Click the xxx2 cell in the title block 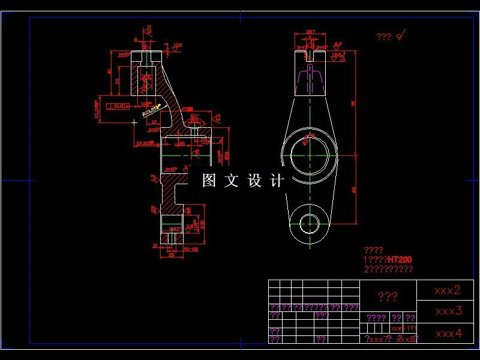pos(448,290)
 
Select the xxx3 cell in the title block pos(448,311)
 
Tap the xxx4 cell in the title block pos(448,334)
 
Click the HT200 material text pos(400,260)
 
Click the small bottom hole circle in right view pos(310,223)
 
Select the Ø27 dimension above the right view pos(311,32)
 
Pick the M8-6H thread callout pos(191,247)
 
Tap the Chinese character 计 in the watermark pos(277,181)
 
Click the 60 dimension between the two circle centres pos(354,190)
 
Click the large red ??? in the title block pos(387,296)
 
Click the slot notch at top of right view pos(310,55)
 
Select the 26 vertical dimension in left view pos(118,81)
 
